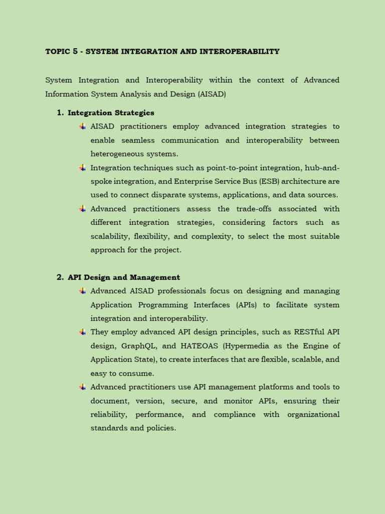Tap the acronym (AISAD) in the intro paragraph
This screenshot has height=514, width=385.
212,94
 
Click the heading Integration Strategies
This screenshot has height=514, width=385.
111,113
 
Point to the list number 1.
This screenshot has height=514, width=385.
60,113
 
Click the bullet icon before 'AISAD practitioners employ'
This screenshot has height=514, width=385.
82,126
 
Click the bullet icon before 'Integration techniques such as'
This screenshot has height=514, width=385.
82,168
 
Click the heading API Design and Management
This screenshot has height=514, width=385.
124,278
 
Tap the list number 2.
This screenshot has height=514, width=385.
60,278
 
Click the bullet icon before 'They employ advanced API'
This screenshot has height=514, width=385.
82,332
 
